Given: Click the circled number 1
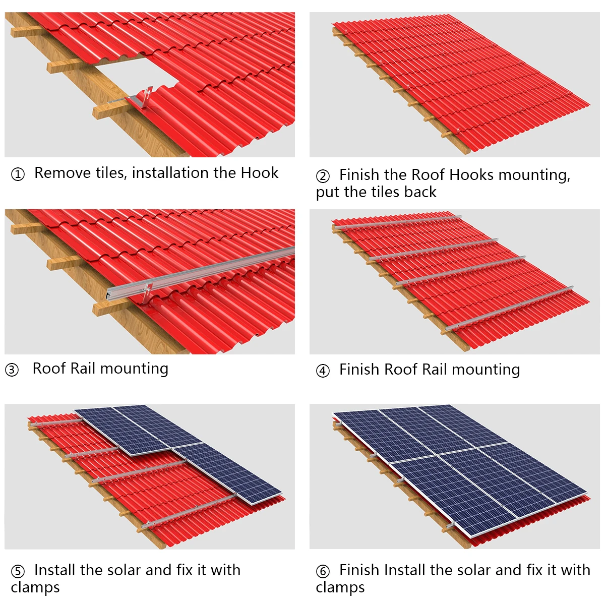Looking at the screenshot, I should click(x=18, y=174).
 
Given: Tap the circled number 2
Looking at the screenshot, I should click(x=323, y=176).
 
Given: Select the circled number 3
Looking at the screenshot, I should click(x=12, y=370).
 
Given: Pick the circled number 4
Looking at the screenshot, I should click(x=323, y=371).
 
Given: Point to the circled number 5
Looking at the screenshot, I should click(x=18, y=572).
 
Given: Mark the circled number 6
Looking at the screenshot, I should click(x=323, y=572).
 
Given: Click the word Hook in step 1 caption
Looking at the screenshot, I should click(x=259, y=173).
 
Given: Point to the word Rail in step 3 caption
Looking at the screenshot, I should click(x=83, y=369).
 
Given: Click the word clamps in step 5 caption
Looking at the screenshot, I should click(x=35, y=588).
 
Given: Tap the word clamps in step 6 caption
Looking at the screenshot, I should click(x=340, y=588).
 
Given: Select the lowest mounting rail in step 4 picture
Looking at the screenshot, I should click(x=509, y=308).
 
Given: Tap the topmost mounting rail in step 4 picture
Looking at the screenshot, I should click(x=398, y=222).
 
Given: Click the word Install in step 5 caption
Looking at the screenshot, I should click(x=55, y=570).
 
